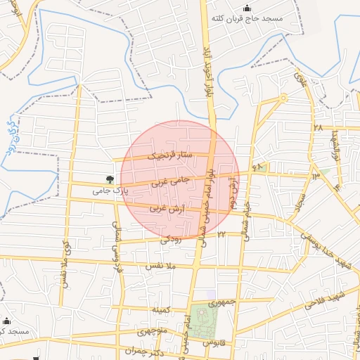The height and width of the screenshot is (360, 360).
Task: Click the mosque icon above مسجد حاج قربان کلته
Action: pyautogui.click(x=245, y=8)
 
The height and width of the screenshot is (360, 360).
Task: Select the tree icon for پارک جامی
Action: pyautogui.click(x=109, y=180)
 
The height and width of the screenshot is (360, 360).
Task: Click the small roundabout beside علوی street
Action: pyautogui.click(x=283, y=98)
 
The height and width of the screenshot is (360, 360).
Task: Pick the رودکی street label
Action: pyautogui.click(x=170, y=239)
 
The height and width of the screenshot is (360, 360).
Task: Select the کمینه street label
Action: pyautogui.click(x=160, y=310)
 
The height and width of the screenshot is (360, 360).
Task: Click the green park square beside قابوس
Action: pyautogui.click(x=205, y=321)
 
